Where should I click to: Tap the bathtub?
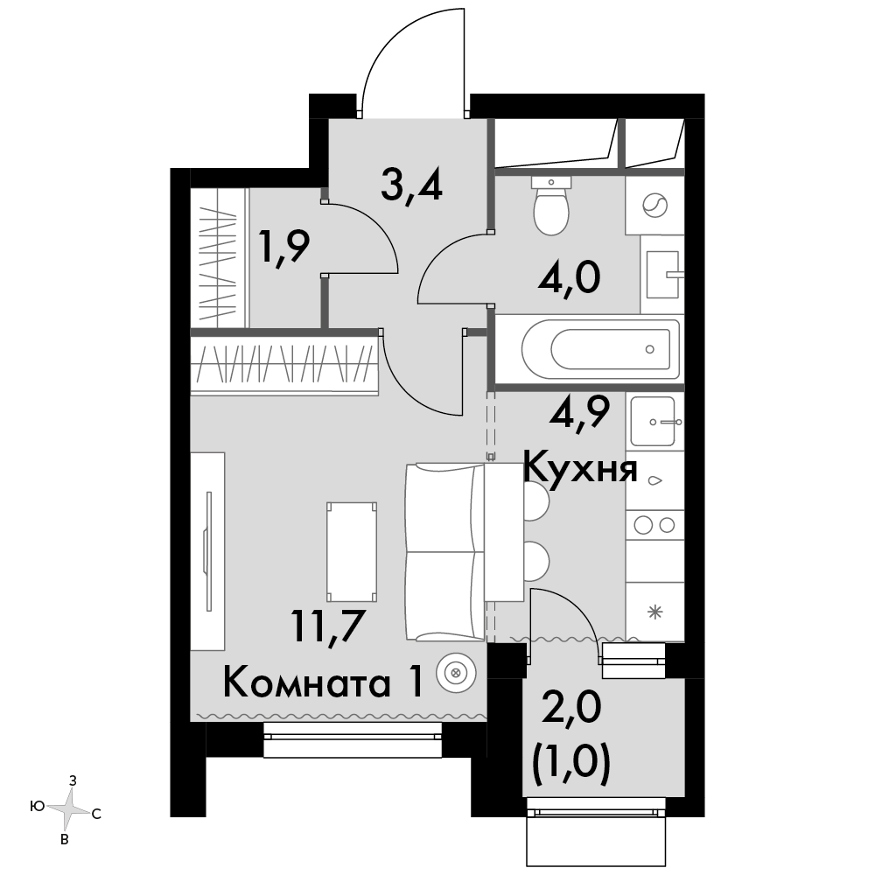(601, 349)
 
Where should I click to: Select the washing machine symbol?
(654, 206)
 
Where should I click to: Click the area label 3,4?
(412, 186)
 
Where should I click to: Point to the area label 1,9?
(283, 248)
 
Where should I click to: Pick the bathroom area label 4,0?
(570, 278)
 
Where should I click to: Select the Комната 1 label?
(323, 682)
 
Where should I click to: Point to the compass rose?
(68, 808)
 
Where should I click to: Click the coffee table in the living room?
(352, 552)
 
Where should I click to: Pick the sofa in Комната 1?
(444, 552)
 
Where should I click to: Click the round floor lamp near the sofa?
(456, 672)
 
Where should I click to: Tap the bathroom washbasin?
(663, 274)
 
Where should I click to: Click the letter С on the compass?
(96, 814)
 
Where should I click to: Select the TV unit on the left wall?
(207, 551)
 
